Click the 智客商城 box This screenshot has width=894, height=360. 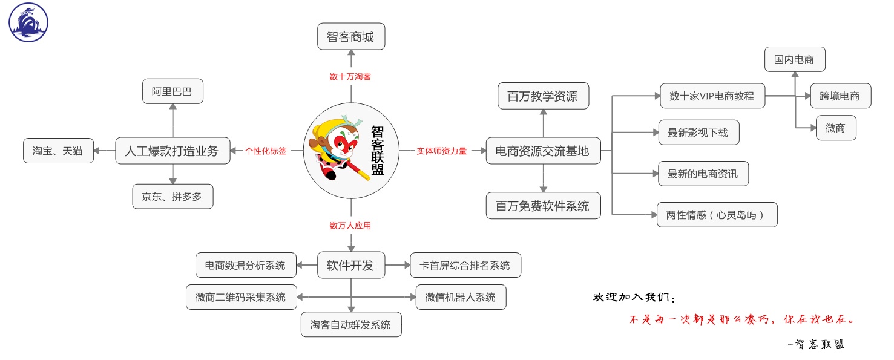click(351, 37)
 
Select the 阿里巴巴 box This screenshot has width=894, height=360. click(173, 91)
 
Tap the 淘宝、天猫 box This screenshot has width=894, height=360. click(59, 151)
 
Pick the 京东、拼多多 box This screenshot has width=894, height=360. click(173, 197)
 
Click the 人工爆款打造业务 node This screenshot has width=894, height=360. click(173, 151)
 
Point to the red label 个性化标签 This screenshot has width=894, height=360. click(266, 151)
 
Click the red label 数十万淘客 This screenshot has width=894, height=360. click(350, 77)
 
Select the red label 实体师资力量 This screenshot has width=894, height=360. click(442, 151)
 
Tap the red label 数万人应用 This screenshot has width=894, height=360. click(350, 226)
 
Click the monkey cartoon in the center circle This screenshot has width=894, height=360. click(338, 151)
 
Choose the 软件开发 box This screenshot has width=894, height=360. click(351, 265)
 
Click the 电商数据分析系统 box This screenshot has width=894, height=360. click(246, 265)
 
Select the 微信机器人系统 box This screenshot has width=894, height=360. click(461, 297)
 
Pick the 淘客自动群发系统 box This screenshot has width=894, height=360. click(351, 324)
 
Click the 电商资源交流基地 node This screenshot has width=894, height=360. click(543, 151)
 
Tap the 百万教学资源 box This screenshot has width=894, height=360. click(543, 96)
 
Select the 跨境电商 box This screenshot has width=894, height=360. click(840, 96)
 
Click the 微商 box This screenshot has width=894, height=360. click(836, 128)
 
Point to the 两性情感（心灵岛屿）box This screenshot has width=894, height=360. click(717, 215)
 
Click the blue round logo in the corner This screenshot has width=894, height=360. click(28, 22)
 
